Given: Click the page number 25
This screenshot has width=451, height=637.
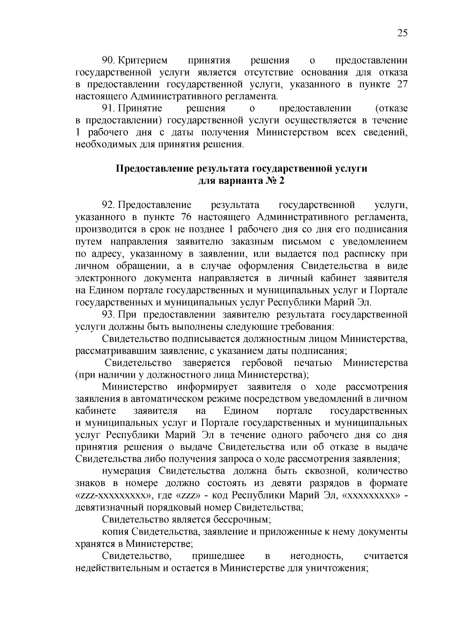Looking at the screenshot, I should [402, 33].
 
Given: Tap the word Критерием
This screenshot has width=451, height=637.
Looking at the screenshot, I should [144, 60].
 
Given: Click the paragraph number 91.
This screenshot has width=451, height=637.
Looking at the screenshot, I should [108, 109].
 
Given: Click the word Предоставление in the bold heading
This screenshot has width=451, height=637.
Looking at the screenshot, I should [155, 169].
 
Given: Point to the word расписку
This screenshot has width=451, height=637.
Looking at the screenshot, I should [365, 254].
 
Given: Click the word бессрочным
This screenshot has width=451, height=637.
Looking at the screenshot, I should [242, 520].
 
